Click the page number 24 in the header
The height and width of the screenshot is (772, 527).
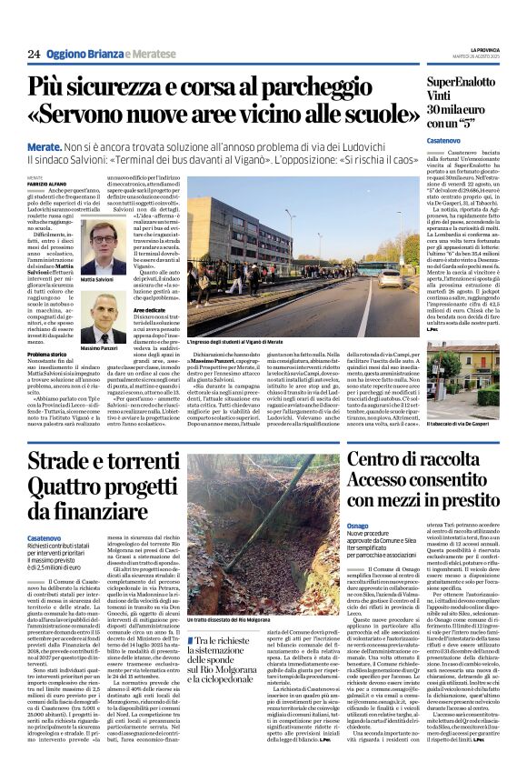point(34,54)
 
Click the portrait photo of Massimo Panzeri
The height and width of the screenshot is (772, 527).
point(102,318)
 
